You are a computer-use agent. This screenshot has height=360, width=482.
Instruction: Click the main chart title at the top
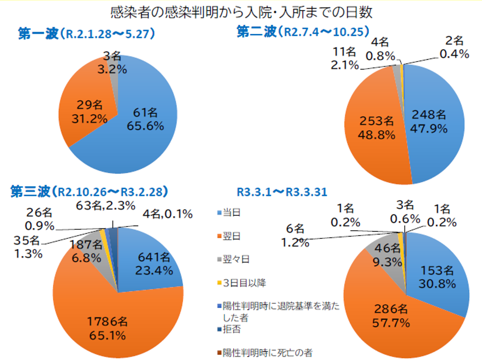[x=241, y=12]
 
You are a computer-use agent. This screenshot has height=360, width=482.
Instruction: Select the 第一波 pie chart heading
[x=86, y=34]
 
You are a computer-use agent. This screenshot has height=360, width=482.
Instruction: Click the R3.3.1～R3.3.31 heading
[x=281, y=192]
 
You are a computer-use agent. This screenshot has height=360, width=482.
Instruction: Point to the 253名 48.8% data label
[x=377, y=127]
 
